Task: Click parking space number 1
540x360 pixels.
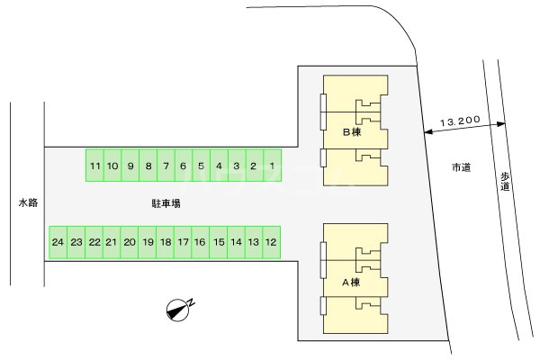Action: (x=271, y=166)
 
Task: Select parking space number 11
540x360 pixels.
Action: (x=95, y=166)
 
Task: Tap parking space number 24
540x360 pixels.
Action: (x=58, y=242)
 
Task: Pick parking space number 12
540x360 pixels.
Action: (x=271, y=242)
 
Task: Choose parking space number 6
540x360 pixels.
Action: (x=183, y=166)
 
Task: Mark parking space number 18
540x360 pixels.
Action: (x=165, y=242)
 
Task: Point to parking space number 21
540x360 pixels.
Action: (x=112, y=242)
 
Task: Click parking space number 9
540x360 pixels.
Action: (x=130, y=166)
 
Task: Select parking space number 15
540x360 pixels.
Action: (x=218, y=242)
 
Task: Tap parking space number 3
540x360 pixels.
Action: (x=236, y=166)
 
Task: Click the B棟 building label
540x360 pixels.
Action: (x=351, y=132)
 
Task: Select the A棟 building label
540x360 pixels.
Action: (x=351, y=283)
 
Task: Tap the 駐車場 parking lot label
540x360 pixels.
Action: (x=166, y=204)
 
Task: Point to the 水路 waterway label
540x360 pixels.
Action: (x=28, y=203)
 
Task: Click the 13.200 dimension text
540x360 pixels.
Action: (x=459, y=120)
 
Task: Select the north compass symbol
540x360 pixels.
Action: (x=180, y=310)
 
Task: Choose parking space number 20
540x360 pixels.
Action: (x=130, y=242)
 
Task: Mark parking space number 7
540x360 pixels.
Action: (x=166, y=166)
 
